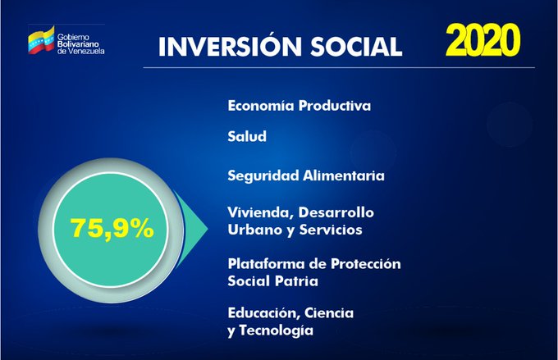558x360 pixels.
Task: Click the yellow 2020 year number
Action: point(483,40)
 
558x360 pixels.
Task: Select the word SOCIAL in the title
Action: point(356,47)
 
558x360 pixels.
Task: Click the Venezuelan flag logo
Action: point(41,39)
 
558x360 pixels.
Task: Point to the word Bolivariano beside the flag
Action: point(78,44)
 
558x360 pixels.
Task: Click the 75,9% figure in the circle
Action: point(112,228)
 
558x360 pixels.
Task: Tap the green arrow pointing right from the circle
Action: point(190,229)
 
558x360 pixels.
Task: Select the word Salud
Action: point(247,136)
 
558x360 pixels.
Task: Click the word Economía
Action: point(261,106)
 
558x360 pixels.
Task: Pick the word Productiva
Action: point(335,106)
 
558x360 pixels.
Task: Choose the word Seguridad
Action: point(263,175)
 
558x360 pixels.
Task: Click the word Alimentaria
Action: point(343,175)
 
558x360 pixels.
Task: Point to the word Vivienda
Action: point(261,212)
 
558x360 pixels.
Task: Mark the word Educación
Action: point(263,313)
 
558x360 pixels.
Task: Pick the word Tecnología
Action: point(277,330)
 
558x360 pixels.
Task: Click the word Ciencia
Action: point(329,313)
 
